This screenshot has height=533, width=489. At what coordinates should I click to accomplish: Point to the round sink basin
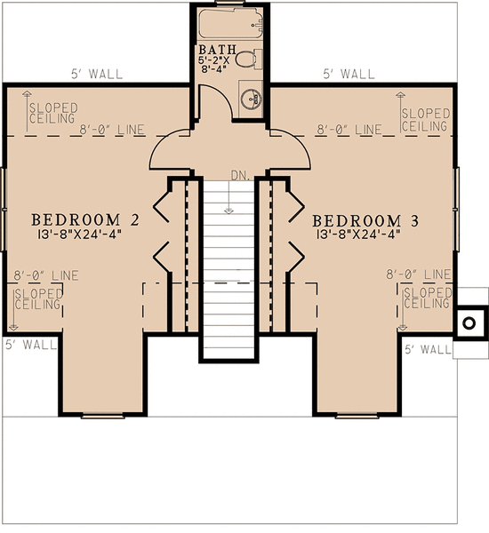pyautogui.click(x=251, y=99)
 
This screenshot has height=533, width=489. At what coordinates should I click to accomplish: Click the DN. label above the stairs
pyautogui.click(x=238, y=175)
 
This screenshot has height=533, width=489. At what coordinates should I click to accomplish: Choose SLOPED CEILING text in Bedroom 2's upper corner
pyautogui.click(x=53, y=113)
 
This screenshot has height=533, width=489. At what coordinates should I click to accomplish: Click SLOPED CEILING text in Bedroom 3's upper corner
pyautogui.click(x=424, y=120)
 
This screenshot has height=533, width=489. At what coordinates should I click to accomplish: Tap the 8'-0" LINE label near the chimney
pyautogui.click(x=418, y=275)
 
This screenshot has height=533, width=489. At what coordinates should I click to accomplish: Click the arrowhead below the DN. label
pyautogui.click(x=229, y=211)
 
